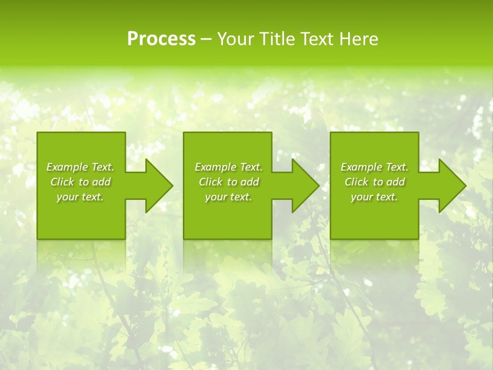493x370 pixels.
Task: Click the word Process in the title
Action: [x=161, y=39]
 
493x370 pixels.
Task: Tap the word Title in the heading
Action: [x=276, y=39]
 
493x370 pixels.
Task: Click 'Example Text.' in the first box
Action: [x=80, y=167]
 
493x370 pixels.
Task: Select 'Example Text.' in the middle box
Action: [x=229, y=167]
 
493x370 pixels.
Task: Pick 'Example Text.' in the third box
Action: [x=374, y=167]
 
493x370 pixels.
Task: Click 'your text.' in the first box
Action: [x=80, y=197]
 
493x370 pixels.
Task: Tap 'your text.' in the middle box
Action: [x=229, y=197]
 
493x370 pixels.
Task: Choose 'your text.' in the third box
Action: [x=374, y=197]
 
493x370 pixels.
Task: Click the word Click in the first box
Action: [x=62, y=182]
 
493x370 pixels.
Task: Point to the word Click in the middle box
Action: [x=211, y=182]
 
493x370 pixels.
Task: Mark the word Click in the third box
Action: [x=356, y=182]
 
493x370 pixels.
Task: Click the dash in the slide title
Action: [x=206, y=40]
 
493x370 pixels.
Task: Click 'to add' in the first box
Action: [x=95, y=182]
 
